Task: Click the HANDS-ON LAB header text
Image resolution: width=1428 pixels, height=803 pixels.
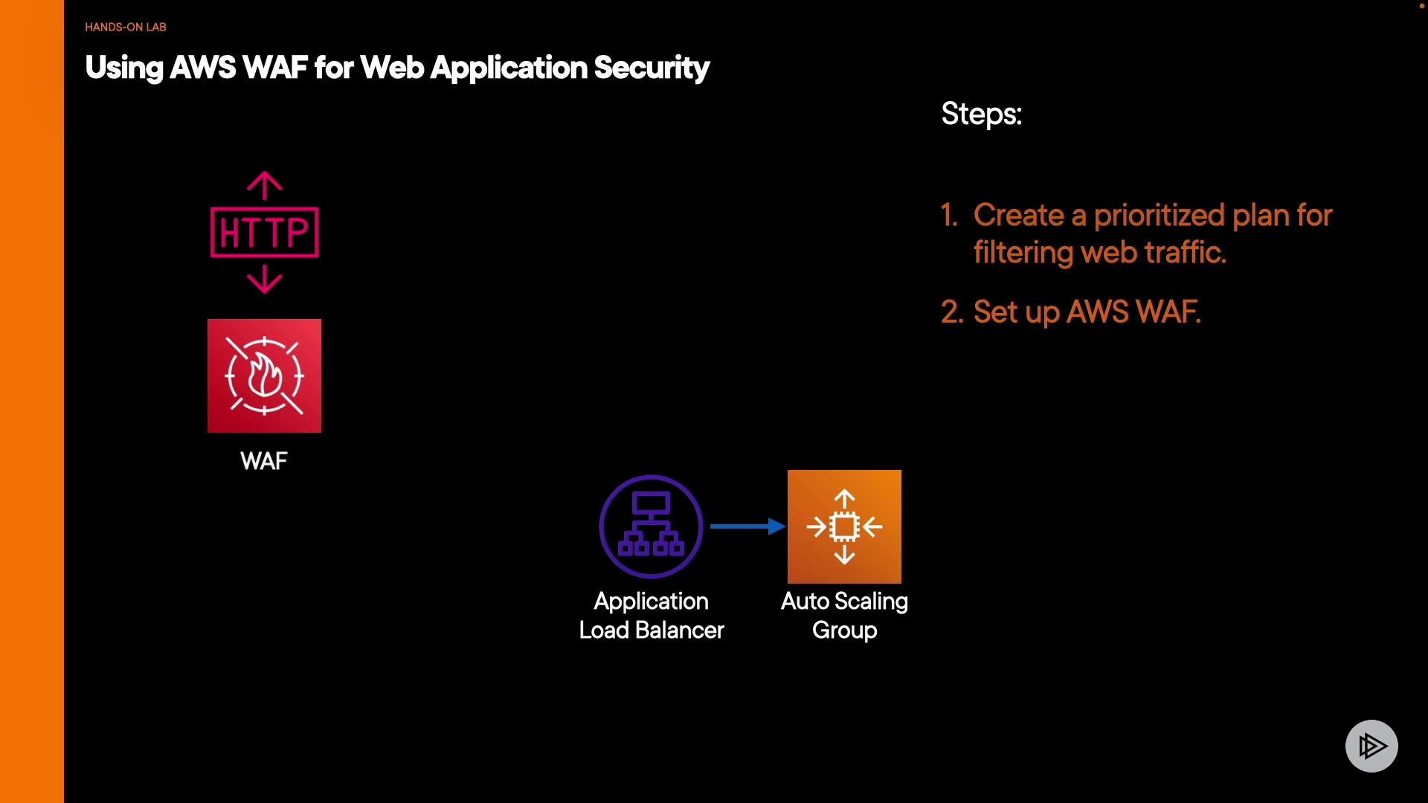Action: tap(125, 27)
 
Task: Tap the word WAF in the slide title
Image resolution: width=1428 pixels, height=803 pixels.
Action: tap(274, 68)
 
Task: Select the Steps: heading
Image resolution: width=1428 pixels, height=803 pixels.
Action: tap(981, 114)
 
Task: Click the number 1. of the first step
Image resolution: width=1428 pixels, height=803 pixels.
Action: tap(949, 215)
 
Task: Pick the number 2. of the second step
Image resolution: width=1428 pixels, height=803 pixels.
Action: tap(952, 312)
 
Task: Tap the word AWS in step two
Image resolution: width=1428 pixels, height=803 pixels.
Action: tap(1097, 312)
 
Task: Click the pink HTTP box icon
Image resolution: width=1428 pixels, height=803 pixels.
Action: tap(265, 232)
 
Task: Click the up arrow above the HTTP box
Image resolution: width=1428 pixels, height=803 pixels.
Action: tap(265, 185)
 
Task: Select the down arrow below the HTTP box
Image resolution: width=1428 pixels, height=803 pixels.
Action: tap(265, 280)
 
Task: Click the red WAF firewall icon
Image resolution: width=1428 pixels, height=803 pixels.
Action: tap(264, 375)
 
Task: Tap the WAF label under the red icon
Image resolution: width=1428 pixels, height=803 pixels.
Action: tap(264, 461)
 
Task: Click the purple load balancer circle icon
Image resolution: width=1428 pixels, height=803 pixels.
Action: tap(651, 526)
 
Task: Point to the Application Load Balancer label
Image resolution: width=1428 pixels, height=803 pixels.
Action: tap(651, 616)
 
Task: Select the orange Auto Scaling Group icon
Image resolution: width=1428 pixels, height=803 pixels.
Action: tap(844, 526)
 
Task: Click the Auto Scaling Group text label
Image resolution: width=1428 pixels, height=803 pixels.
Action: tap(844, 616)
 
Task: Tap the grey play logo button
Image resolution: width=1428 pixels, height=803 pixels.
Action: tap(1371, 746)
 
